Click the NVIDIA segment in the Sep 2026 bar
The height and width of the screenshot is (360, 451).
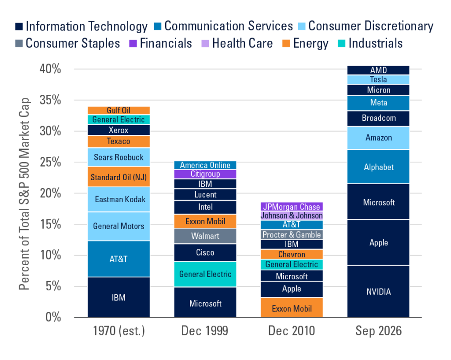point(378,292)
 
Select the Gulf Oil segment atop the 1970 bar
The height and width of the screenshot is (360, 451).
point(118,110)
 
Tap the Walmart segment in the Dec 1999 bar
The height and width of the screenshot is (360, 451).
point(205,236)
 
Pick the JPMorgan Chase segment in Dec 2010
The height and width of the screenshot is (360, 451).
point(292,207)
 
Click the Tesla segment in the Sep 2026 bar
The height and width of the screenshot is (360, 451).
point(378,80)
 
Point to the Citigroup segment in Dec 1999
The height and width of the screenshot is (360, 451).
point(205,174)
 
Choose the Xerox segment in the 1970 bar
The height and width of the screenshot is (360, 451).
point(118,130)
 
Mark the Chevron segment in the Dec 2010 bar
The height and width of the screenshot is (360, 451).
point(292,254)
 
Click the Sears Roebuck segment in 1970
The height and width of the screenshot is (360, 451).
point(118,157)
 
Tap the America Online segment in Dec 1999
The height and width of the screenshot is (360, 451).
point(205,165)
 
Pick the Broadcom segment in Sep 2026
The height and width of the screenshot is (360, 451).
point(378,119)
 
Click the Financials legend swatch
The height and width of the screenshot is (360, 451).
point(133,44)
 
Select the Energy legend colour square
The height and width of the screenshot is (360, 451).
point(286,44)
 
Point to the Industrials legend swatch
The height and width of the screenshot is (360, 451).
point(341,44)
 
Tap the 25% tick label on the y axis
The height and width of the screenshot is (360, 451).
point(50,162)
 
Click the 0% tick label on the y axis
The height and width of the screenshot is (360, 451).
point(53,317)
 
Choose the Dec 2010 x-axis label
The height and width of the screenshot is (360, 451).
point(292,331)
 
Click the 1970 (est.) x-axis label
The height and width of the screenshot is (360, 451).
point(119,331)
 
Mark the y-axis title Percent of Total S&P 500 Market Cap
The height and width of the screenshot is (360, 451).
point(25,194)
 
